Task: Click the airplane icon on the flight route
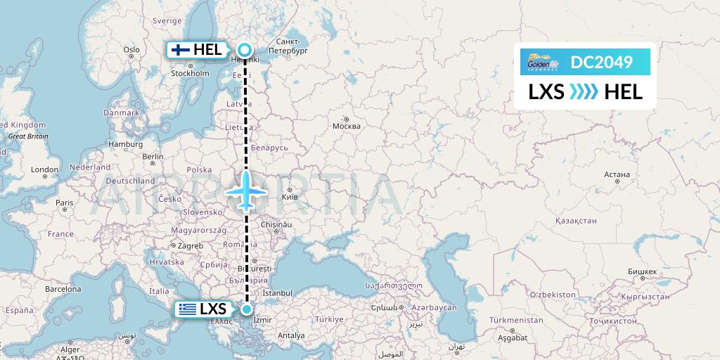246,190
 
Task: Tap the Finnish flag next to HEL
181,50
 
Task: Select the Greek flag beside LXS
187,309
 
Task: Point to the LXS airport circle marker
247,309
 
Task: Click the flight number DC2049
601,63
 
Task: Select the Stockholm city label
191,72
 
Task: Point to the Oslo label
131,49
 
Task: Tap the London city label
45,169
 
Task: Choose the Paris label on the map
65,203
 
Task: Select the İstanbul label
277,292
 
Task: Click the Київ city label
290,198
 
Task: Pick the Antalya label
292,335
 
